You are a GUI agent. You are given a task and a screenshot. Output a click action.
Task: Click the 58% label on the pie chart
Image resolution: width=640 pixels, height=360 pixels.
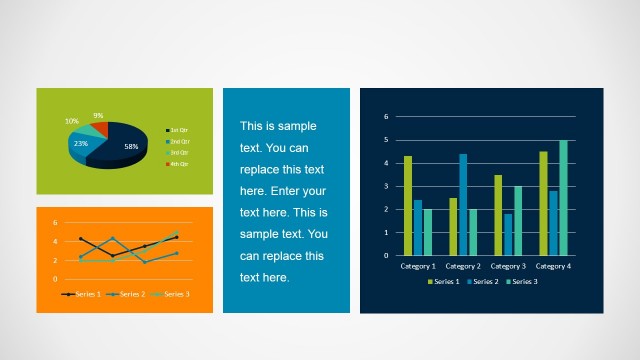click(131, 146)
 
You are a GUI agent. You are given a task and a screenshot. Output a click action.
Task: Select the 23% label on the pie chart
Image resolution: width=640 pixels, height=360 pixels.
click(80, 143)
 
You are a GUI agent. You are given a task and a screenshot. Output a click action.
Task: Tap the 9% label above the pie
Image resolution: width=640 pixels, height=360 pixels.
click(98, 115)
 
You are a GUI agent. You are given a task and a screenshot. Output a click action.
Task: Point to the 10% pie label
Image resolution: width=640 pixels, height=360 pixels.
click(72, 121)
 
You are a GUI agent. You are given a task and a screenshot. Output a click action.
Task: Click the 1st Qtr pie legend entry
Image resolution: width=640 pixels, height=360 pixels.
click(179, 131)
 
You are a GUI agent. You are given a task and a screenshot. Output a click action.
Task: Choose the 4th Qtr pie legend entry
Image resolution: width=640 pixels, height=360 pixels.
click(179, 163)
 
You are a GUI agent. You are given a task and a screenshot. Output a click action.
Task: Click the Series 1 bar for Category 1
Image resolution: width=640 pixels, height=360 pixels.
click(408, 205)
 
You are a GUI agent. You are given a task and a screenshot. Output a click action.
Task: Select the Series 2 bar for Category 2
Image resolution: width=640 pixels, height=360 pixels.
click(463, 204)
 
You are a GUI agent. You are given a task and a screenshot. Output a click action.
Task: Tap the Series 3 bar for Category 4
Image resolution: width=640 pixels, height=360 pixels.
click(563, 197)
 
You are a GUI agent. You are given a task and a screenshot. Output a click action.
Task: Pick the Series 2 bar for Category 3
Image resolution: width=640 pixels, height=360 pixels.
click(508, 234)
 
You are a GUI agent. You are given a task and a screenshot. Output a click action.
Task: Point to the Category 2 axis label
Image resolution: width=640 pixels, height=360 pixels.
click(463, 266)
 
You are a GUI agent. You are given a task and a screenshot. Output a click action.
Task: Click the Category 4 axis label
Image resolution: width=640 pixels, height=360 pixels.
click(553, 266)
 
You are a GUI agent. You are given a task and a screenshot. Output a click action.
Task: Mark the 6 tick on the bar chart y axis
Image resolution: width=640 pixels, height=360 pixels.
click(385, 116)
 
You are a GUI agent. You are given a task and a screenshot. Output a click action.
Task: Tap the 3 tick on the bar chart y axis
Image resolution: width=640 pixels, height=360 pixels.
click(385, 186)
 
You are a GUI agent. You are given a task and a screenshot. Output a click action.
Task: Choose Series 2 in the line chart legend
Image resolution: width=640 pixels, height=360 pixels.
click(128, 294)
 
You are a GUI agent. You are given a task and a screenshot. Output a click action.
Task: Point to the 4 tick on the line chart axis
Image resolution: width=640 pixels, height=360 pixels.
click(55, 241)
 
